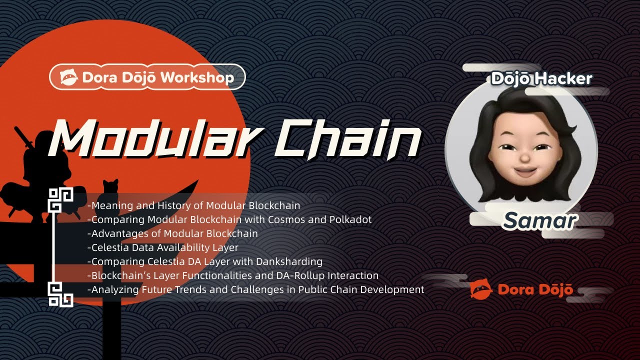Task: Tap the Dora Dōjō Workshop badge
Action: point(147,77)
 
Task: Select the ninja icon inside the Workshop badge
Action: point(69,77)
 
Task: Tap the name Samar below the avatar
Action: point(539,220)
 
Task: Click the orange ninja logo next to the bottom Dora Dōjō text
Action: point(481,289)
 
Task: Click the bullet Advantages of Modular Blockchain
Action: point(172,233)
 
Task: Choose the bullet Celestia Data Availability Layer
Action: point(163,247)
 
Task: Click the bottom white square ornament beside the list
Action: point(60,294)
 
